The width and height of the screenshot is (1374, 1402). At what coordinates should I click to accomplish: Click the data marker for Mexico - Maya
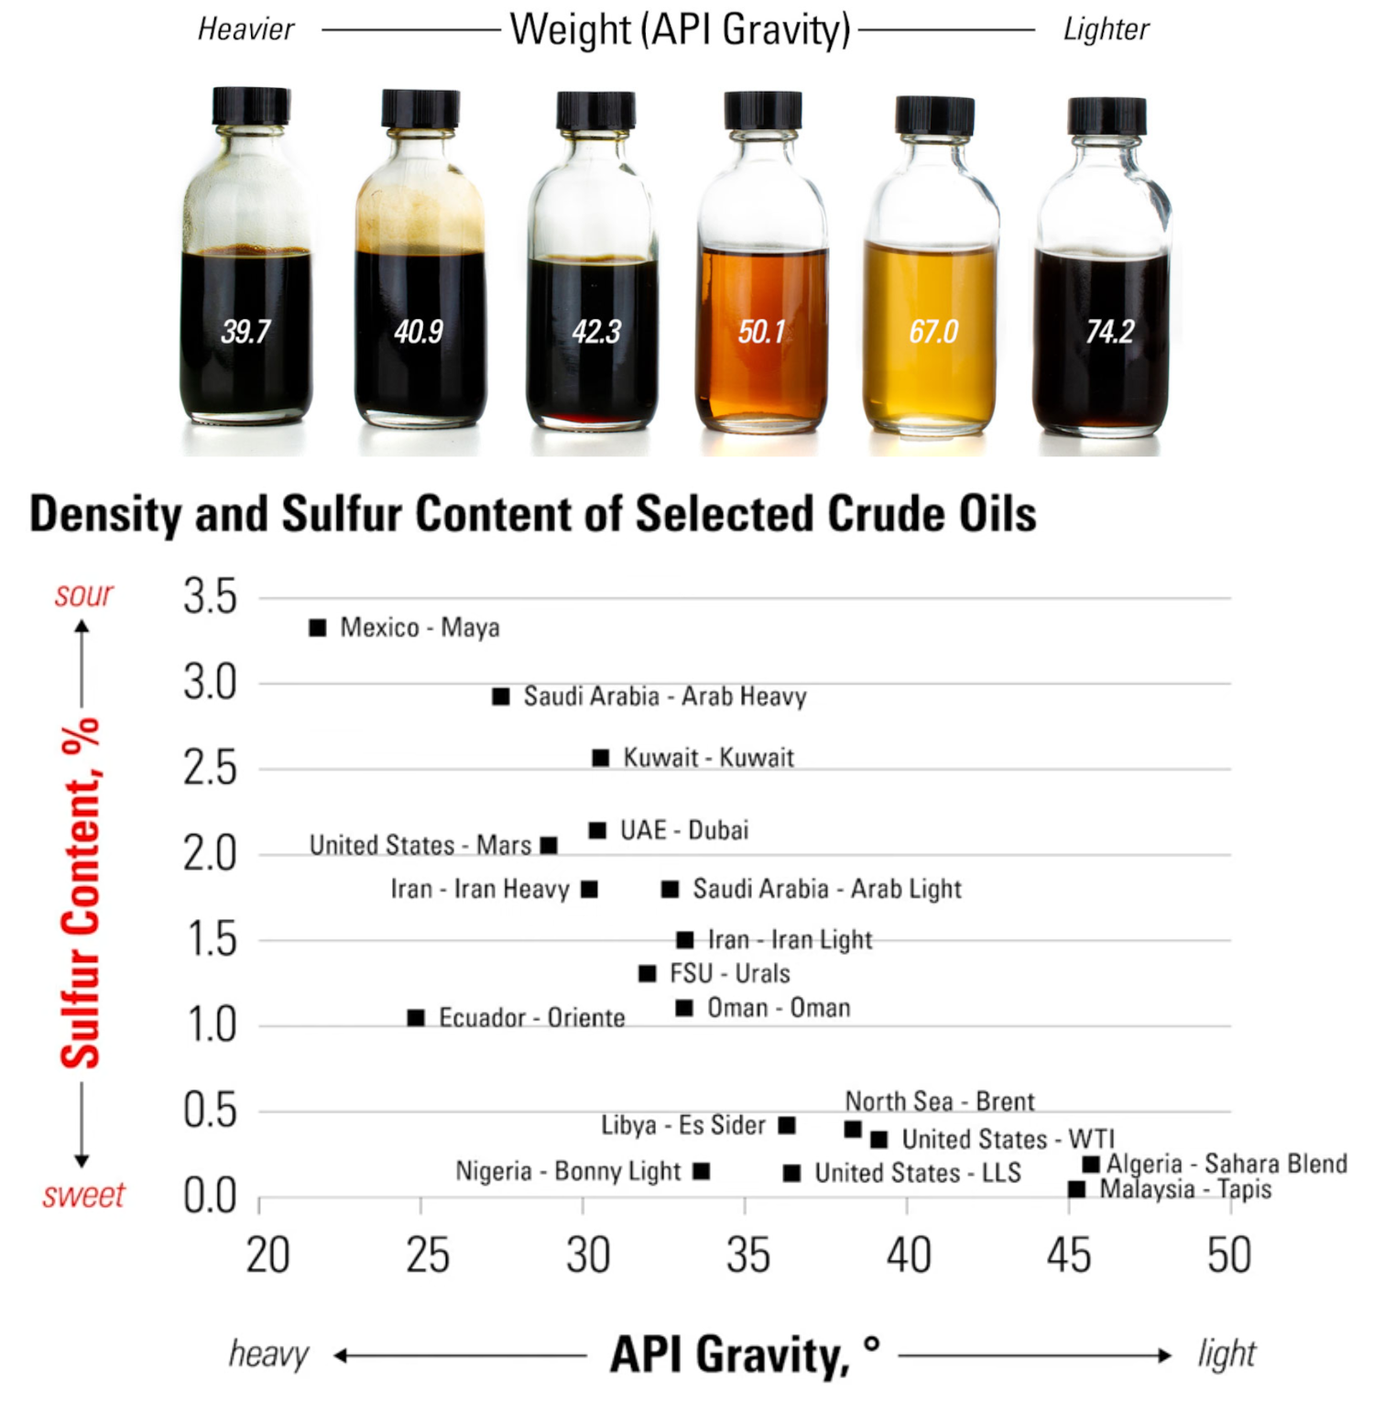[x=318, y=628]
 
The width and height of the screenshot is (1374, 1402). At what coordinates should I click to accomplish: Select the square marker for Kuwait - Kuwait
[x=601, y=758]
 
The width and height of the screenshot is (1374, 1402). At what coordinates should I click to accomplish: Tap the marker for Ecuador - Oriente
[x=416, y=1018]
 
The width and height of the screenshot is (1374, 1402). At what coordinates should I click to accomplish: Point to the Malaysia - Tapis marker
[x=1077, y=1189]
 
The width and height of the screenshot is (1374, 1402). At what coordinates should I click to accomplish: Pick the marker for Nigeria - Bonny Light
[x=702, y=1171]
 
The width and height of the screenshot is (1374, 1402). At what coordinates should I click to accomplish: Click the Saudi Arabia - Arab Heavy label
[x=665, y=696]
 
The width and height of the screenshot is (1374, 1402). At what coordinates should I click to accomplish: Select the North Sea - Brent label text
[x=939, y=1101]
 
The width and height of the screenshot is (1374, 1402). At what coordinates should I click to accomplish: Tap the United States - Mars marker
[x=549, y=845]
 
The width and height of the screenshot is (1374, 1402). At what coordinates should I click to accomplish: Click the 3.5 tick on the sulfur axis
[x=210, y=597]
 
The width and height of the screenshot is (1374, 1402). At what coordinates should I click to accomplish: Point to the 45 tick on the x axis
[x=1069, y=1254]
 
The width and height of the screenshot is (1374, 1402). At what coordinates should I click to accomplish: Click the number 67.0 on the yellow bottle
[x=933, y=331]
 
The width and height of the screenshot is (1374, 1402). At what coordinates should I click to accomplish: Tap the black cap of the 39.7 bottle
[x=251, y=106]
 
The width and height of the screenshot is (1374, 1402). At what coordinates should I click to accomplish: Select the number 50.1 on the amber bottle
[x=762, y=331]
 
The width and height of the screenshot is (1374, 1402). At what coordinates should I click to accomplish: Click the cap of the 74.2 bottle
[x=1107, y=116]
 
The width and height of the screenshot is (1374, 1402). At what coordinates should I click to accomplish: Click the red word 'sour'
[x=83, y=595]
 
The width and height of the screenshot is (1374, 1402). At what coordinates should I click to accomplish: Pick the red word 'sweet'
[x=83, y=1195]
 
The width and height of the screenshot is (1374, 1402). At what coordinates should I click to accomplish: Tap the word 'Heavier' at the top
[x=245, y=29]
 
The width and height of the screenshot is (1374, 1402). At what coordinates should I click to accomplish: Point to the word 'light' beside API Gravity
[x=1227, y=1353]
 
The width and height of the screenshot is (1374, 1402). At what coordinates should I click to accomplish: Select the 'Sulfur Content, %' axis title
[x=81, y=893]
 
